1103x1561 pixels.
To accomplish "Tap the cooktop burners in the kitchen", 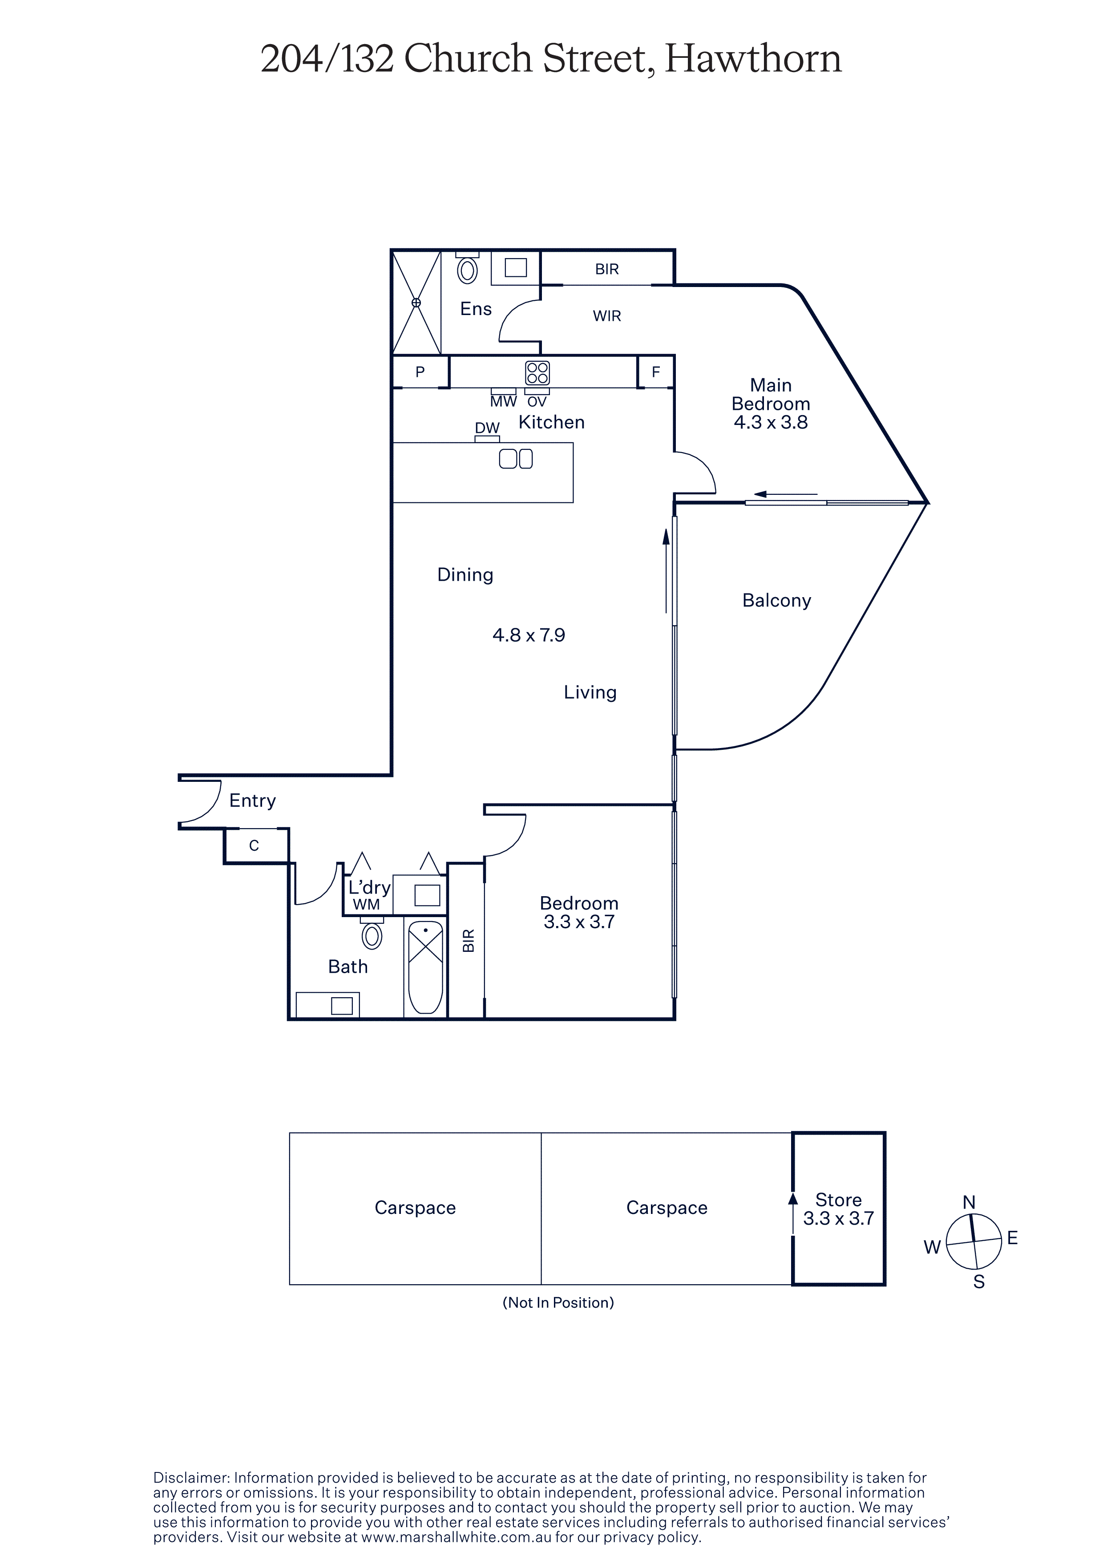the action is (537, 372).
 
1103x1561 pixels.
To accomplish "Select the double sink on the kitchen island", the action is (516, 459).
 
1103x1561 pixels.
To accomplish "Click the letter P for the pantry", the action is (420, 372).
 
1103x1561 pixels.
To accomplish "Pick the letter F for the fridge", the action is (656, 372).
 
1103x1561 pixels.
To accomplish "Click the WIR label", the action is (607, 316).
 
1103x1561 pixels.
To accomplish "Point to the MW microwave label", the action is (504, 402).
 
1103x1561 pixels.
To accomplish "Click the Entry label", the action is (252, 801).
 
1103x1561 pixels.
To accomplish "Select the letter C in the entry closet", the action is (254, 846).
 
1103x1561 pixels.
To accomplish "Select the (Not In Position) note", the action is (558, 1302).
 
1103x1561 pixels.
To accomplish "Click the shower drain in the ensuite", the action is (416, 303).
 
